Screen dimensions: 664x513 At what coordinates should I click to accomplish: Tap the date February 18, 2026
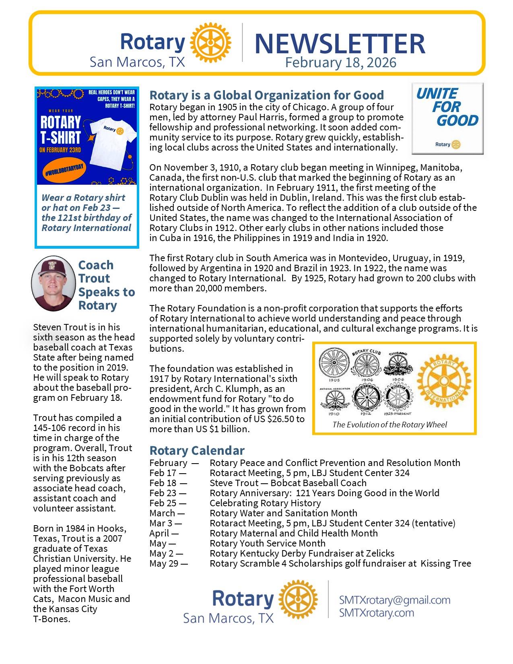pos(340,63)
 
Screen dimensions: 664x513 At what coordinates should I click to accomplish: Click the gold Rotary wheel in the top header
pos(210,42)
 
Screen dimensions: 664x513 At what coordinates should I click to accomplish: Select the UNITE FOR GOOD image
pos(447,118)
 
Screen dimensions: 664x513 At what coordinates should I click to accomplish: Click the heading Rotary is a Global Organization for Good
pos(266,95)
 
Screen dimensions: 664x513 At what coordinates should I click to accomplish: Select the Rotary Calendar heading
pos(197,450)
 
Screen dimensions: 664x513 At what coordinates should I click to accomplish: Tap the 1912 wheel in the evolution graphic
pos(367,398)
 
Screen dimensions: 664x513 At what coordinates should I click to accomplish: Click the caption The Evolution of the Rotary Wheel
pos(389,425)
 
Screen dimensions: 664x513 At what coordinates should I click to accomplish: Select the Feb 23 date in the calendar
pos(168,493)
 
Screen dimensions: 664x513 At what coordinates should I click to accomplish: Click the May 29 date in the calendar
pos(169,563)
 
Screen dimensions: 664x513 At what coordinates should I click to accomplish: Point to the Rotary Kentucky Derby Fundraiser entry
pos(302,553)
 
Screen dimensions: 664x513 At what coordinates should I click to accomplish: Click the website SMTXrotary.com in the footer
pos(376,613)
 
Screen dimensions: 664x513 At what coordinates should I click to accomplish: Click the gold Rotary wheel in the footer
pos(297,600)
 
